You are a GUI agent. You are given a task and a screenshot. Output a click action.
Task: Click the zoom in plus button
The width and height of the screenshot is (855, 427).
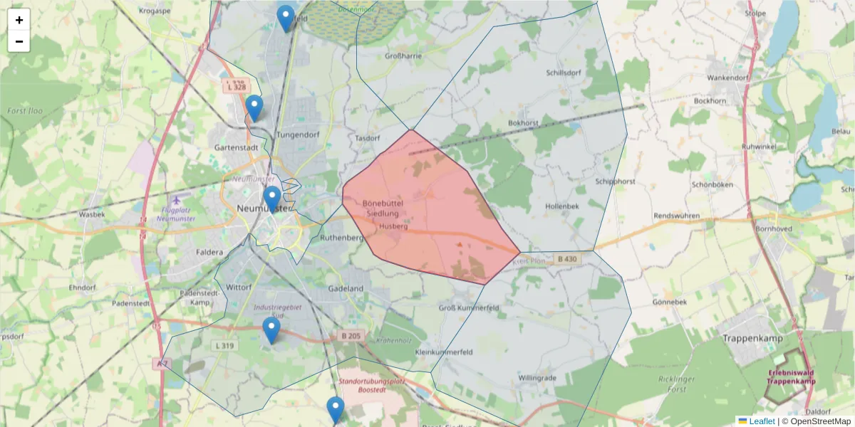(x=19, y=20)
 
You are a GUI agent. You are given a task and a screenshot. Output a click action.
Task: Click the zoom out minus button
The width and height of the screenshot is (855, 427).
(x=19, y=41)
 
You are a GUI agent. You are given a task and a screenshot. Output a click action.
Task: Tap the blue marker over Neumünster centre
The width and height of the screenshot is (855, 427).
(x=271, y=199)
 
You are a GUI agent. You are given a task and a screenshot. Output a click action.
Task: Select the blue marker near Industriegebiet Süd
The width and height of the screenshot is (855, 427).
(x=271, y=330)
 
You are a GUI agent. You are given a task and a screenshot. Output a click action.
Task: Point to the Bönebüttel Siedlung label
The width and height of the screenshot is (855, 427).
(x=383, y=208)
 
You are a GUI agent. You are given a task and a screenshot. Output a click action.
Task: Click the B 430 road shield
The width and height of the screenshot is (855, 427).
(x=566, y=259)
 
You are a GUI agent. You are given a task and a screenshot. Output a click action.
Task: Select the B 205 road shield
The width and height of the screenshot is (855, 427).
(x=351, y=336)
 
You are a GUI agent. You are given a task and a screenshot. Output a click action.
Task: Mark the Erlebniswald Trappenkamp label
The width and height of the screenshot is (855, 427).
(x=791, y=377)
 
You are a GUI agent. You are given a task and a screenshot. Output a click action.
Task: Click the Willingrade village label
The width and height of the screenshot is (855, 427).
(x=537, y=377)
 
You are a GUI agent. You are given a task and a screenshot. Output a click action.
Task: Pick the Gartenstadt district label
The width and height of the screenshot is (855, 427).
(x=236, y=147)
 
